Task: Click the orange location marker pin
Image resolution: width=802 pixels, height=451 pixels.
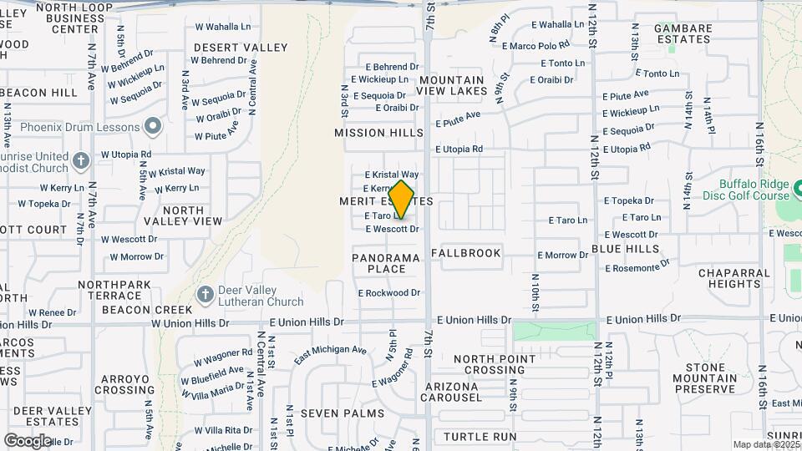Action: click(402, 200)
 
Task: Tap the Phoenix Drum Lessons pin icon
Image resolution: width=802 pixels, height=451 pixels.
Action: click(152, 127)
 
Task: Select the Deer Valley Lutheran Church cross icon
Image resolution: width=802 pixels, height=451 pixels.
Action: click(205, 295)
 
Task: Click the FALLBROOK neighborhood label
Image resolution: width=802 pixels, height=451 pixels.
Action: click(466, 253)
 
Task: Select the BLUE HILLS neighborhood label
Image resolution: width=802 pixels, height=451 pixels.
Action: click(626, 249)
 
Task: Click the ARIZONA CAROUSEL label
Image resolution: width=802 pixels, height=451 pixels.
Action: click(451, 393)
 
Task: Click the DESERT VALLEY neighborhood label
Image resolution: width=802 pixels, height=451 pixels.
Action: click(241, 48)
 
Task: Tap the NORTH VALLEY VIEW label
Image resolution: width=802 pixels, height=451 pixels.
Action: click(182, 215)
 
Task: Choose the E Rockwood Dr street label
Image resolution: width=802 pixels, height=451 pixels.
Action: click(389, 293)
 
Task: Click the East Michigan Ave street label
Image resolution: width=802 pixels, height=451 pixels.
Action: click(330, 355)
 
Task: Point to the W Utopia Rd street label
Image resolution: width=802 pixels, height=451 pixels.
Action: click(126, 155)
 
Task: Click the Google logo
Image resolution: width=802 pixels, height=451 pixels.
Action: click(28, 440)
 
